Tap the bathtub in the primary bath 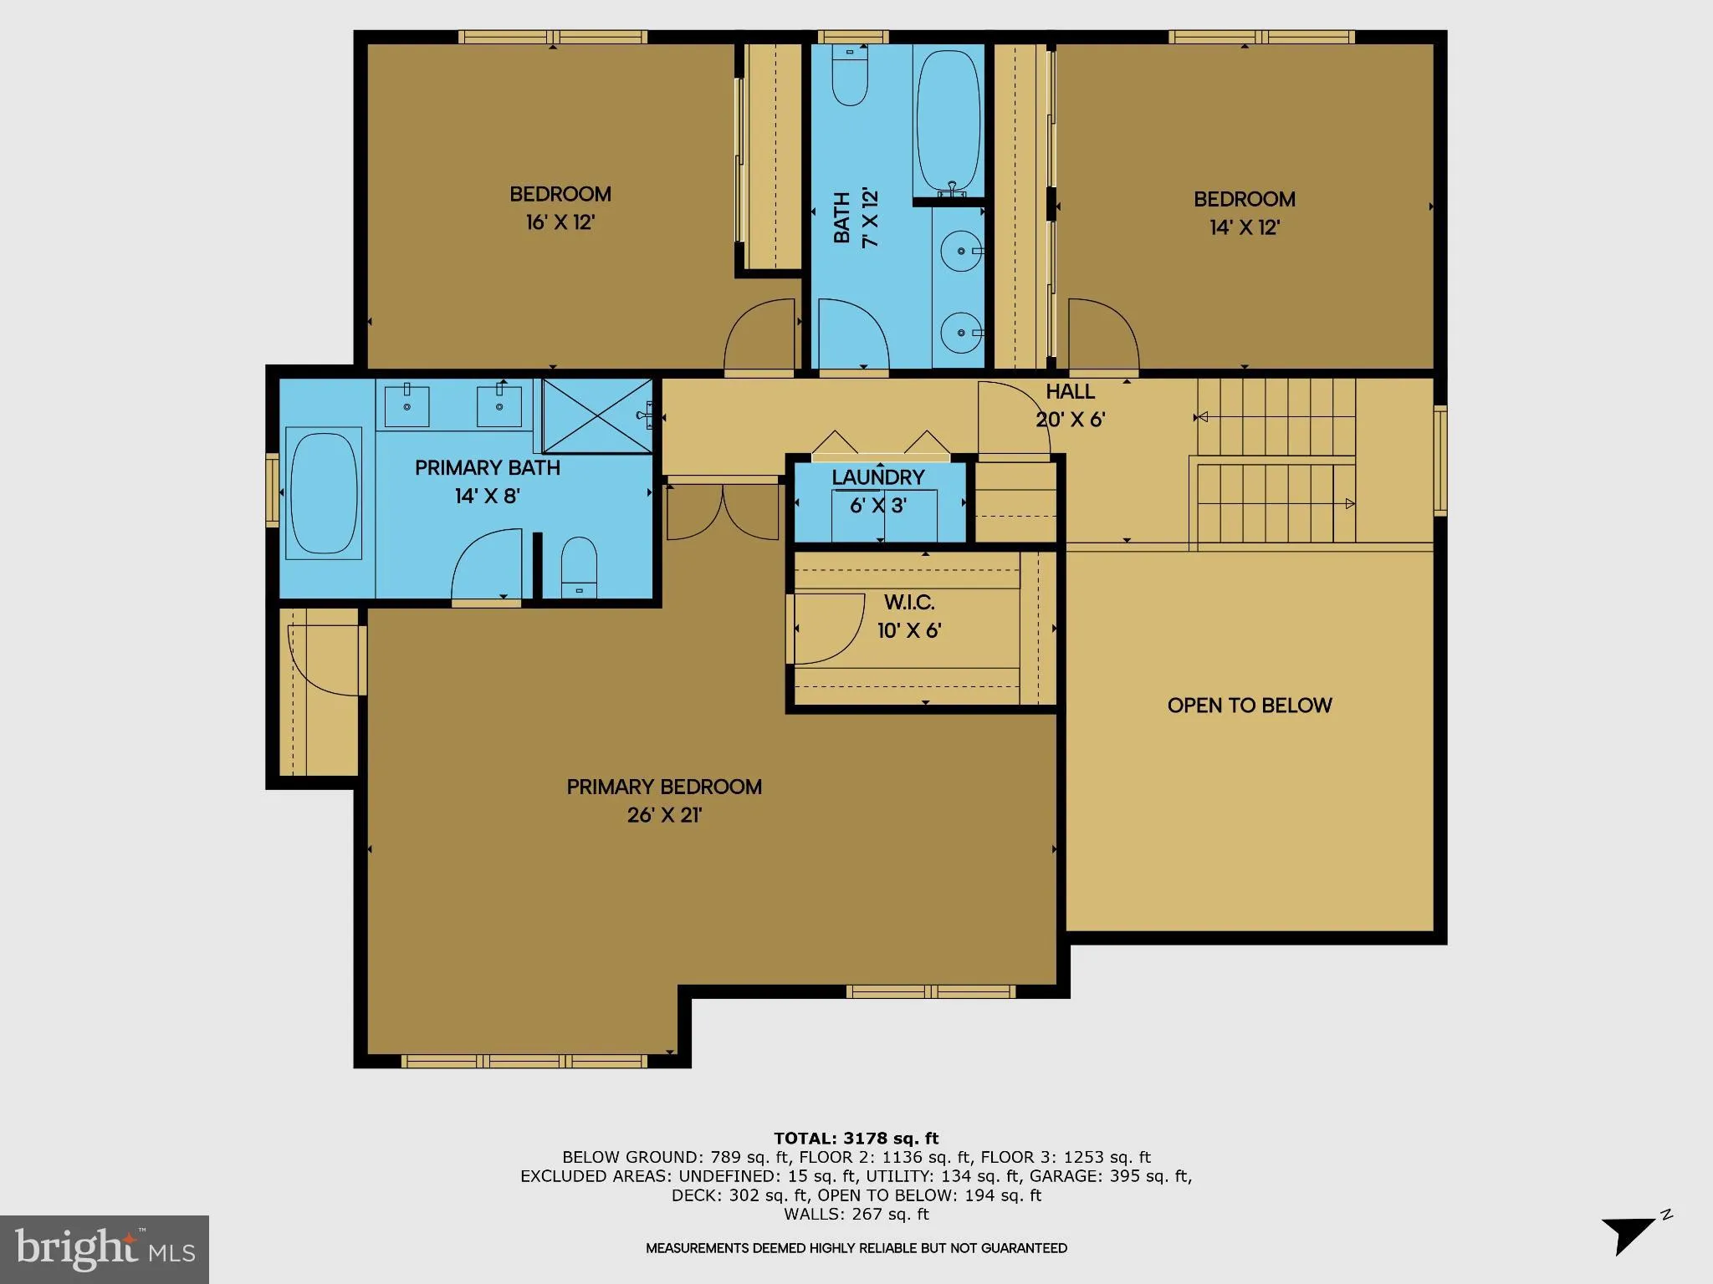pyautogui.click(x=324, y=493)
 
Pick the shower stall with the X pyautogui.click(x=596, y=415)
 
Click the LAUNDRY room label pyautogui.click(x=877, y=477)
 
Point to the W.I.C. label pyautogui.click(x=909, y=602)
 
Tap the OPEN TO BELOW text pyautogui.click(x=1249, y=705)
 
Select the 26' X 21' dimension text pyautogui.click(x=664, y=815)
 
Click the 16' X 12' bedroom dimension pyautogui.click(x=560, y=222)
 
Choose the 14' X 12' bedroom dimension pyautogui.click(x=1244, y=227)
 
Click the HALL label pyautogui.click(x=1070, y=391)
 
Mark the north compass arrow pyautogui.click(x=1627, y=1232)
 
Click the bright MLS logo pyautogui.click(x=105, y=1249)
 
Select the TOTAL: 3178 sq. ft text pyautogui.click(x=856, y=1138)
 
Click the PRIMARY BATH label pyautogui.click(x=488, y=467)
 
